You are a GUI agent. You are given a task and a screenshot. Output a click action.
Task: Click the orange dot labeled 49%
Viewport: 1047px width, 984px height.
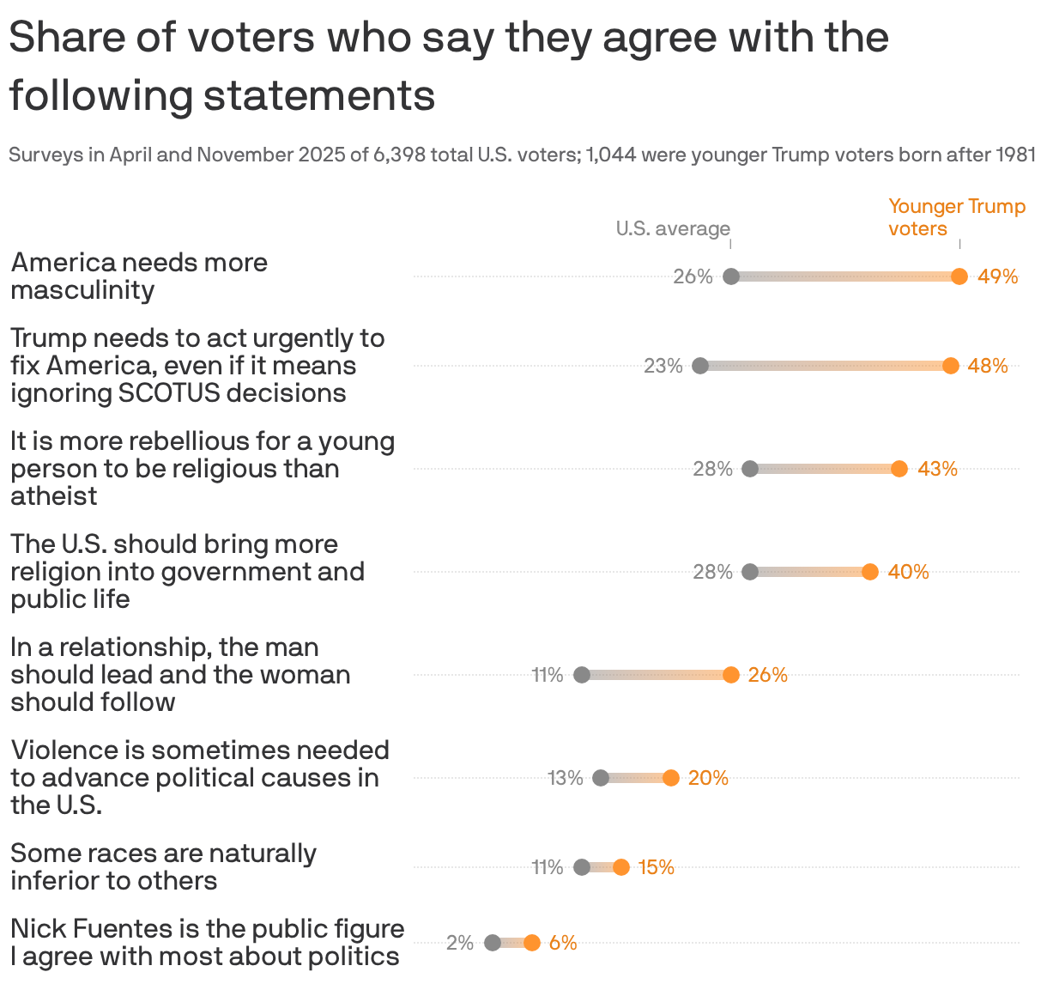pos(959,276)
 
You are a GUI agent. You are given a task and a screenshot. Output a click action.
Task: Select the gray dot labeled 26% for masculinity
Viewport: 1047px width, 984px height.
pos(731,276)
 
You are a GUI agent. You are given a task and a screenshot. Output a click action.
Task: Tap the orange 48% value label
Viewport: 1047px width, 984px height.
pos(988,366)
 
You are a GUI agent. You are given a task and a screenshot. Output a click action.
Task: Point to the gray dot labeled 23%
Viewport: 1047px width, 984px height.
pos(700,366)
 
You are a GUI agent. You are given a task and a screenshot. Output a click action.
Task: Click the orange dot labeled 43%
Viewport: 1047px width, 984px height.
pos(899,469)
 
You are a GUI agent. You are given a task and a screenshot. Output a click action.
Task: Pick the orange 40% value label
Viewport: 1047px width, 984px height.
pos(908,572)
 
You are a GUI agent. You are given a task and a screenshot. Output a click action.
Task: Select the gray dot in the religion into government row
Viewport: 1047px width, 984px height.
pos(750,572)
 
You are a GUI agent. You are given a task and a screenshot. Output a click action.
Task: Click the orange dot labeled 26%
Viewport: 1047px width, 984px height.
pos(731,675)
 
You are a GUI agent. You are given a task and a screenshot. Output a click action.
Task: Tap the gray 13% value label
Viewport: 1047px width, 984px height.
pos(566,778)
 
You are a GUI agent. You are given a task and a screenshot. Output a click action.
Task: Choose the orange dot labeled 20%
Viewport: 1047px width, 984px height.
pos(671,778)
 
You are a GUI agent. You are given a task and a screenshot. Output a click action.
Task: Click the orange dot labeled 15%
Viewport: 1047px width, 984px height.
pos(621,867)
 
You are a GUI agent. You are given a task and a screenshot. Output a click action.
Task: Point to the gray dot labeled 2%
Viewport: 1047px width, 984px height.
pos(493,943)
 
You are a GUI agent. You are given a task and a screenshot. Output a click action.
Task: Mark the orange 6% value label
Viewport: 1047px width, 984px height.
pos(563,943)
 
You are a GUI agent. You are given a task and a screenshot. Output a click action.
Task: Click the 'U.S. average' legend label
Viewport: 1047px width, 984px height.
pos(673,228)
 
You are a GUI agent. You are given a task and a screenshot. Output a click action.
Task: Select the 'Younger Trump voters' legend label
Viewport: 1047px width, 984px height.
pos(956,217)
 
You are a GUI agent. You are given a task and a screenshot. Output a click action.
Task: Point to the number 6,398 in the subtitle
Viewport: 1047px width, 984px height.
pos(399,155)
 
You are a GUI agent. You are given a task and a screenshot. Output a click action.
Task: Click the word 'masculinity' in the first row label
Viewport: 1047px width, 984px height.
pos(82,290)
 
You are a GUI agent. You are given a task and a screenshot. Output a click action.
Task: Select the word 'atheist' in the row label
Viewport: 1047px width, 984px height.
pos(54,496)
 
